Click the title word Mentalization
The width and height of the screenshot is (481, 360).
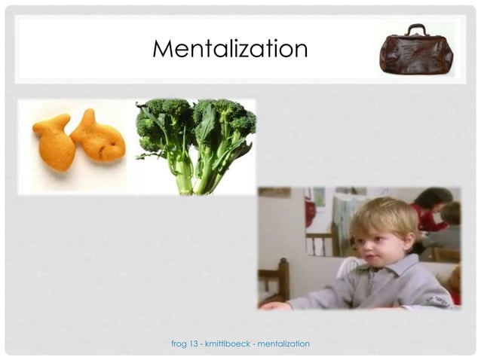(x=230, y=49)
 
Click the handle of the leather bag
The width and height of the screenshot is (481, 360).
(x=417, y=29)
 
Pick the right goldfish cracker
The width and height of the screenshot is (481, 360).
(x=98, y=138)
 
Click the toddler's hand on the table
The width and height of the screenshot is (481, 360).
(x=274, y=306)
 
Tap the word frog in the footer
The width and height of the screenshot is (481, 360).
(x=179, y=344)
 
